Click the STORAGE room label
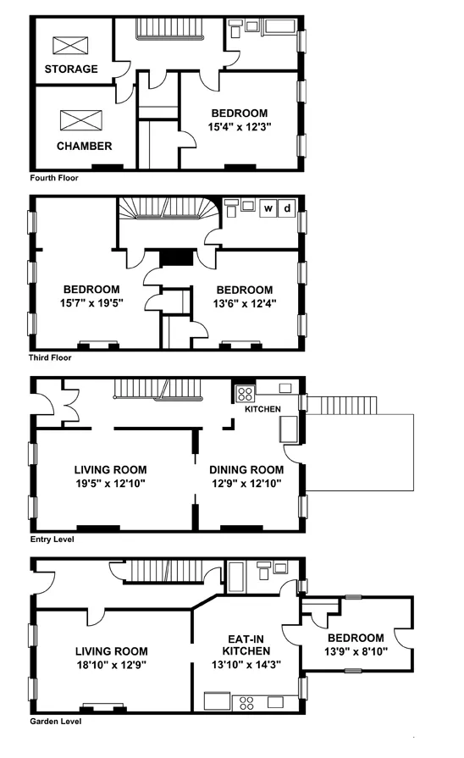71,69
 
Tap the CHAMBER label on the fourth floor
84,146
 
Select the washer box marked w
268,207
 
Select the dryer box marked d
287,207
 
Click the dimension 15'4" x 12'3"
239,127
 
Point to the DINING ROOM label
246,470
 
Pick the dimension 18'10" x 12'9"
110,665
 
